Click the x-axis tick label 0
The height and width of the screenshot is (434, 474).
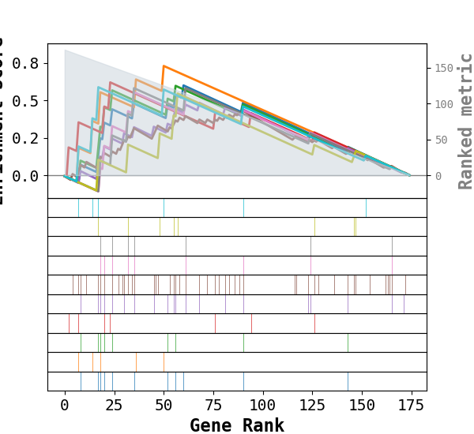(x=65, y=406)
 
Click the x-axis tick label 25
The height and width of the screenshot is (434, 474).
(x=114, y=406)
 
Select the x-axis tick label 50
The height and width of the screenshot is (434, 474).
(x=164, y=406)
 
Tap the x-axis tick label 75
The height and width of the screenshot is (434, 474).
(x=213, y=406)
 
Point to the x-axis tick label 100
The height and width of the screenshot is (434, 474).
(x=262, y=406)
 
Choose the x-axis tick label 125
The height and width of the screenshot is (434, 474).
(x=312, y=406)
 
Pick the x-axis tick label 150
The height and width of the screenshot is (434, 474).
(x=362, y=406)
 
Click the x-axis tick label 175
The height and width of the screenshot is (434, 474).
(x=411, y=406)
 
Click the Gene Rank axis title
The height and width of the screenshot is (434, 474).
(x=237, y=425)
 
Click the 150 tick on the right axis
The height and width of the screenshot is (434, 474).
(x=443, y=68)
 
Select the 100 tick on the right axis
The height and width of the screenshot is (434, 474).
(x=443, y=104)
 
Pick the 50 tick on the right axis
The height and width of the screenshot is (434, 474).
(x=440, y=140)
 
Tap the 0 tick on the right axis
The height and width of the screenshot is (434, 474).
(x=437, y=175)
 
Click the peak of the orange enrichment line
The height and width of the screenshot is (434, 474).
(x=164, y=65)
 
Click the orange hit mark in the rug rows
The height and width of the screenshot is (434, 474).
(x=136, y=362)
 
